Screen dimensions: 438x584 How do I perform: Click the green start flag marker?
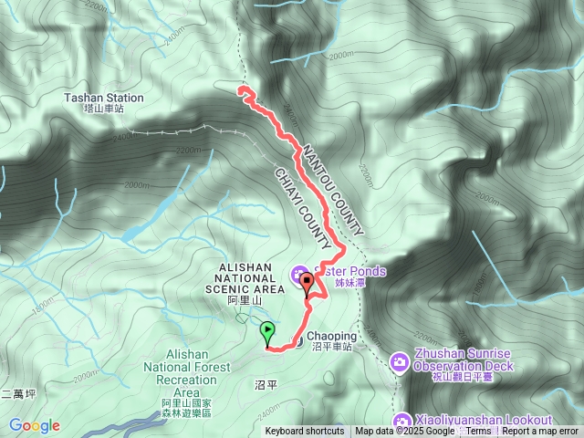267,332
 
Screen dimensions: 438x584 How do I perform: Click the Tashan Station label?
104,98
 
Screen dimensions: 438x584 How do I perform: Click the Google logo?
35,425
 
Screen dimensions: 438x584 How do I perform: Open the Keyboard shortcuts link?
305,432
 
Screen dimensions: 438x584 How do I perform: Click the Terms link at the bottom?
478,432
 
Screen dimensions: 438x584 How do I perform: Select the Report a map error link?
541,432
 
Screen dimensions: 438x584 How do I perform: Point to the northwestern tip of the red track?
241,89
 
